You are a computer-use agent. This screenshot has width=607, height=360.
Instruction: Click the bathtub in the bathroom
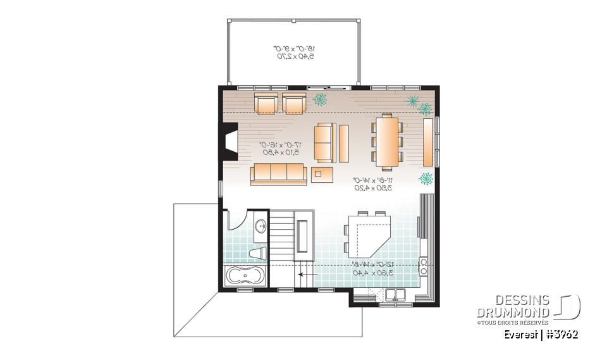tap(245, 276)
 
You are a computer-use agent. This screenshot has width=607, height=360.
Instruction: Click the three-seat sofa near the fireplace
tap(278, 173)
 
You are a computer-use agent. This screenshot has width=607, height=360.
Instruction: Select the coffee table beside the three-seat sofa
tap(324, 173)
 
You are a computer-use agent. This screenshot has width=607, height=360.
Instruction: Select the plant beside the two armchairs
tap(321, 99)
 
